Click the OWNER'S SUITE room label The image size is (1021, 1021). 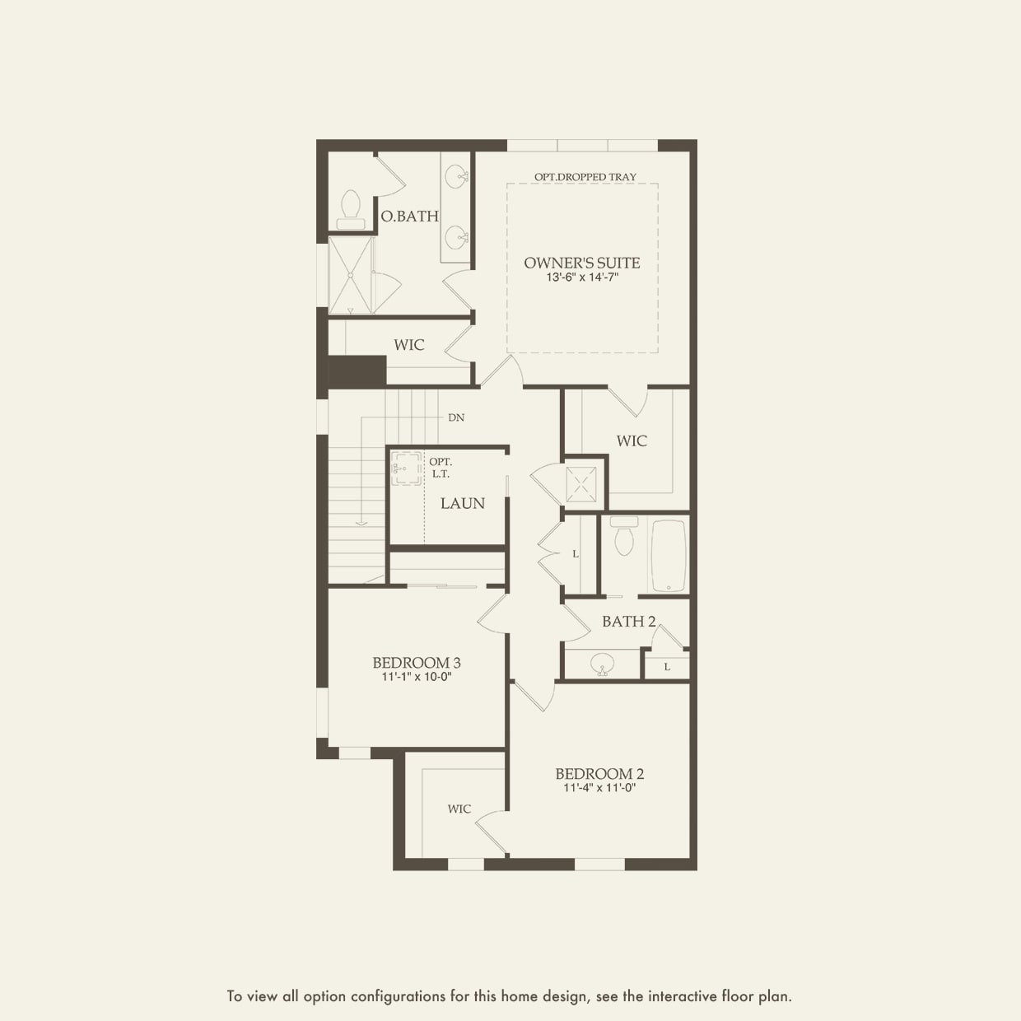coord(581,263)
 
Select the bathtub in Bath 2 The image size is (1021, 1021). coord(669,556)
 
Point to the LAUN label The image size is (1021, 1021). coord(462,503)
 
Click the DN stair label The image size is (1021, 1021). coord(456,417)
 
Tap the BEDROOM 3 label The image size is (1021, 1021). coord(416,663)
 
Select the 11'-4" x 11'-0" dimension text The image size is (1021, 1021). coord(599,788)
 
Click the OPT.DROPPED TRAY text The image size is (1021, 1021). coord(585,177)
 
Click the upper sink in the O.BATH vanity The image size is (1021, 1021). coord(456,175)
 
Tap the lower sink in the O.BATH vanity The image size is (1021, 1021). coord(456,238)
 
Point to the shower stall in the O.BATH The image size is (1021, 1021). coord(350,275)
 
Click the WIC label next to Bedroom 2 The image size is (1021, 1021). coord(459,809)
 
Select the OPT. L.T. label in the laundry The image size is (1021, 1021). coord(440,468)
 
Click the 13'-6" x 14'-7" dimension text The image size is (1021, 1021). coord(581,278)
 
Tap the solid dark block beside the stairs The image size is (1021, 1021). coord(357,371)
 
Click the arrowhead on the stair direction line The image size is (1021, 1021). coord(361,522)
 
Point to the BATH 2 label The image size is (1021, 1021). coord(628,622)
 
